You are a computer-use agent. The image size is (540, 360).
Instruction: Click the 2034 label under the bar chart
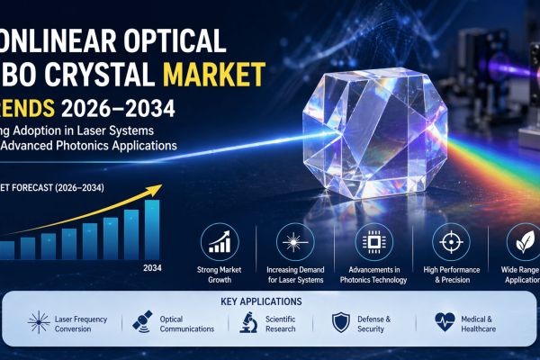(151, 267)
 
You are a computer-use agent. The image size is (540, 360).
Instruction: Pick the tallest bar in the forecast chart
(152, 229)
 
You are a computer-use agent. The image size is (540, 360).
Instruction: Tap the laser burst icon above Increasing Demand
(295, 241)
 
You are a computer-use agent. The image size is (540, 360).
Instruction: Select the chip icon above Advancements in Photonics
(371, 241)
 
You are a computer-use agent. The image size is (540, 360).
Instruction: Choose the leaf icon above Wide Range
(521, 241)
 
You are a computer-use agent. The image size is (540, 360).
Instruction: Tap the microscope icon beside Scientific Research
(248, 324)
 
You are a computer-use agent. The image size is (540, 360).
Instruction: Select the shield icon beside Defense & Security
(340, 324)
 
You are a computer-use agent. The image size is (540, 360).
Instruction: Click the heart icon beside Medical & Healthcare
(444, 324)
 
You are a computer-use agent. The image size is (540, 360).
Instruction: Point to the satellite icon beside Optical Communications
(141, 324)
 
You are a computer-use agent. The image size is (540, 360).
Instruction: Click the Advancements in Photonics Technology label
(371, 274)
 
